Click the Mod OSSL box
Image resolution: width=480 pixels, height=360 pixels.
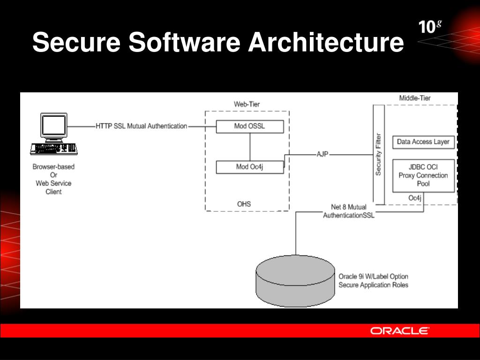[x=250, y=127]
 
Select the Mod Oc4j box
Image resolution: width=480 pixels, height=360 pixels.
[x=250, y=167]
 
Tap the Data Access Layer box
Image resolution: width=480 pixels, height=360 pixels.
[x=423, y=142]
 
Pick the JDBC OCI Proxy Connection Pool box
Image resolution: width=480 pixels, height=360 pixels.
[x=423, y=176]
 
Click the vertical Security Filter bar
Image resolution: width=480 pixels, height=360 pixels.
[x=378, y=154]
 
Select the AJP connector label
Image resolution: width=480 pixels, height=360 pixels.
[x=322, y=154]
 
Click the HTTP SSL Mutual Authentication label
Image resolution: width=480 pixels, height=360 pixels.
[x=141, y=126]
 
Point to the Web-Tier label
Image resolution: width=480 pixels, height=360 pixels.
[x=247, y=104]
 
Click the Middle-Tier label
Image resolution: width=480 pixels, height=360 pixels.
[x=414, y=98]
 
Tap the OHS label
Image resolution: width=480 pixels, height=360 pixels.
[x=244, y=204]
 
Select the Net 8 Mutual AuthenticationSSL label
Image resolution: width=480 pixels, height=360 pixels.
[x=349, y=211]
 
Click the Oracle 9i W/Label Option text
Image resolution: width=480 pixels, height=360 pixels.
[x=373, y=277]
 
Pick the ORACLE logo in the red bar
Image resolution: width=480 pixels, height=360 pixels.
[x=399, y=331]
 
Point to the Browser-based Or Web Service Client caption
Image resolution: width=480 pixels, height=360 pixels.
[x=53, y=179]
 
